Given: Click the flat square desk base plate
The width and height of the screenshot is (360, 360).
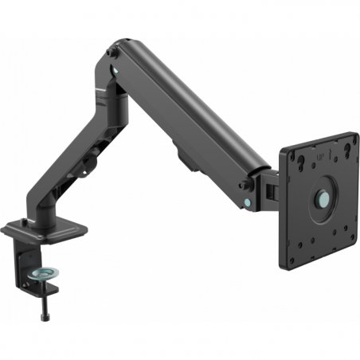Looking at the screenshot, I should click(x=45, y=231).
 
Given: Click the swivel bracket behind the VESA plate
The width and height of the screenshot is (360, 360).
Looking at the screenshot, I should click(x=269, y=187).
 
